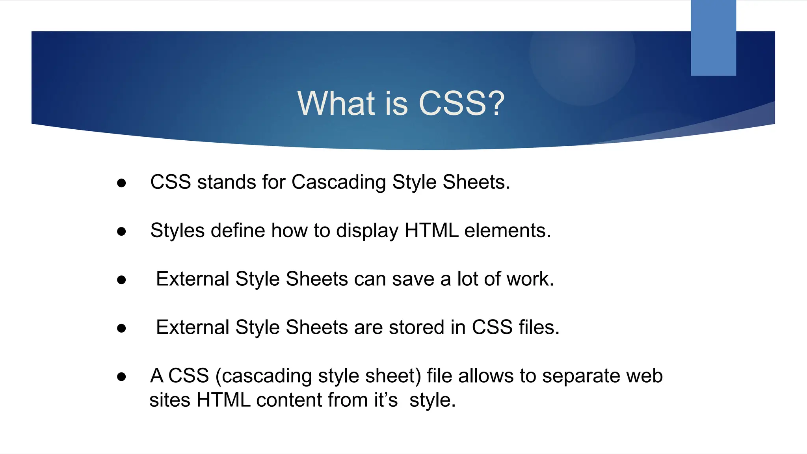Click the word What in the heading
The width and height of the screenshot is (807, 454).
(336, 103)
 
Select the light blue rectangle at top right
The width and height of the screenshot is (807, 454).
(713, 38)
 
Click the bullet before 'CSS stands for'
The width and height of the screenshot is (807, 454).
(121, 183)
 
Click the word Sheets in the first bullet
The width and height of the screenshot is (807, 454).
(476, 182)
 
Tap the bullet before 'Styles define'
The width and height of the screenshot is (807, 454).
(121, 231)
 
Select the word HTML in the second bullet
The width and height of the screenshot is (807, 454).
(431, 231)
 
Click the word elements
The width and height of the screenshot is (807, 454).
(508, 231)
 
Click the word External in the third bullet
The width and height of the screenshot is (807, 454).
(193, 279)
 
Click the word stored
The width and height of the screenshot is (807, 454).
(417, 327)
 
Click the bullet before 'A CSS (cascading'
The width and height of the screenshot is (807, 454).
(121, 377)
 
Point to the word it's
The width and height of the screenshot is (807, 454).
(386, 400)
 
